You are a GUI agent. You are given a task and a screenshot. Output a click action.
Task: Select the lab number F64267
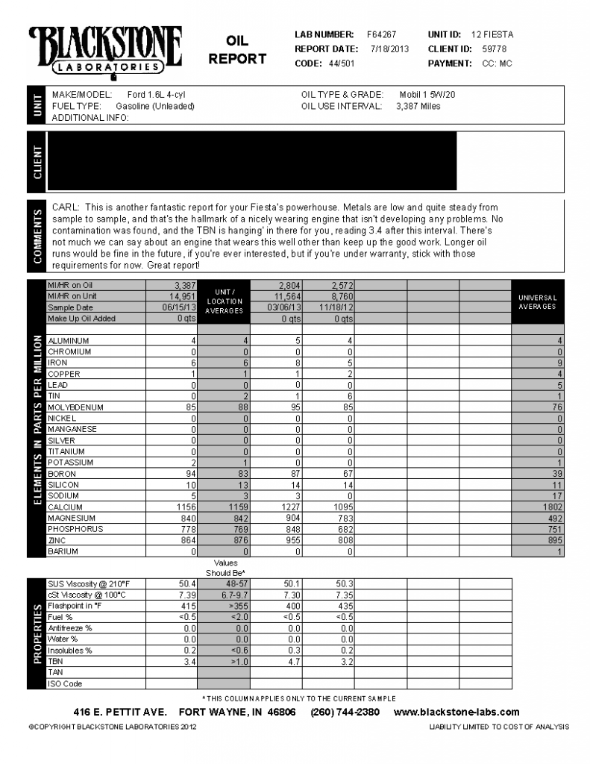(x=381, y=34)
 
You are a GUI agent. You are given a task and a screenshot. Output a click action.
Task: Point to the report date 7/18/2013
(x=390, y=48)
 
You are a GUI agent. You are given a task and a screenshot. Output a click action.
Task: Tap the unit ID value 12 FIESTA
(x=492, y=34)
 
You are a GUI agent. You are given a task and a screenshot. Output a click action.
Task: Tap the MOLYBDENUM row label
(x=75, y=407)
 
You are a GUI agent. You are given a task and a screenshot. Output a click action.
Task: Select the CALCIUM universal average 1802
(x=552, y=507)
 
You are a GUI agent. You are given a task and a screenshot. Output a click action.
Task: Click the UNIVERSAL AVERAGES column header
(x=537, y=302)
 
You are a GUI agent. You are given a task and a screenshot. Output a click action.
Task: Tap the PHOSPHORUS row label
(x=75, y=529)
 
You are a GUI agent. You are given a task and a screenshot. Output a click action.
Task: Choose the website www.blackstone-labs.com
(x=456, y=712)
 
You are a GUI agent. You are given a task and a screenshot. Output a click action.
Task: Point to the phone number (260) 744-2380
(x=345, y=712)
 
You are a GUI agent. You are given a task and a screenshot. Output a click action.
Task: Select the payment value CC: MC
(x=497, y=63)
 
